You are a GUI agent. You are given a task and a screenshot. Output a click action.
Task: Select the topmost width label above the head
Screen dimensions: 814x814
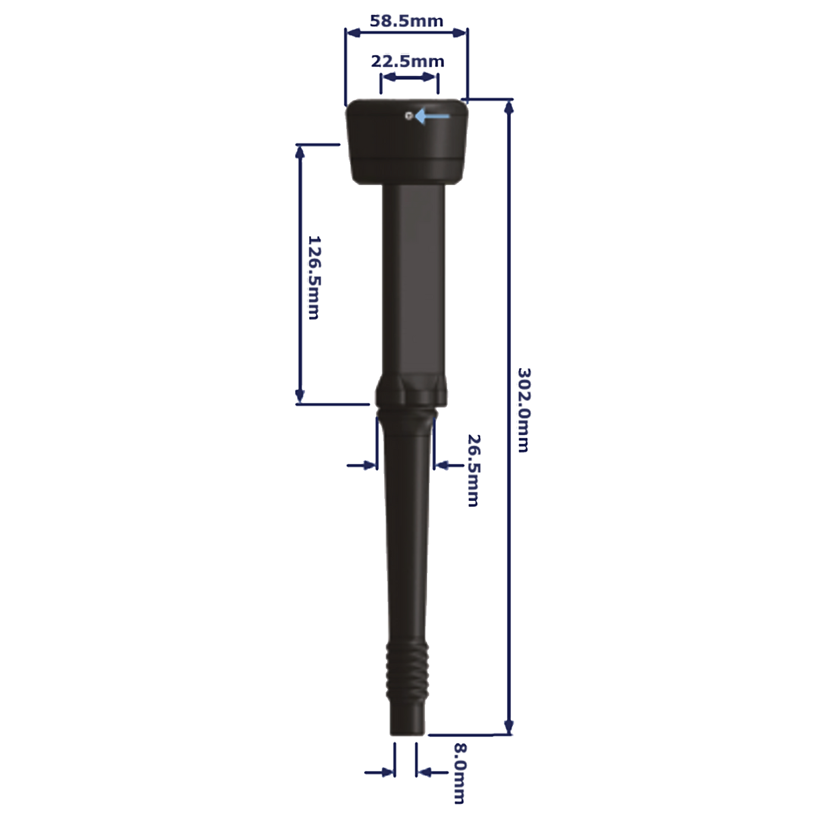coord(407,21)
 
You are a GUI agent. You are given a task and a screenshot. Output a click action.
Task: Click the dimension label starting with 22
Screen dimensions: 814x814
coord(407,62)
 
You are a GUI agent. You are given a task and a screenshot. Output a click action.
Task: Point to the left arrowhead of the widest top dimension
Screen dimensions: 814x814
coord(349,31)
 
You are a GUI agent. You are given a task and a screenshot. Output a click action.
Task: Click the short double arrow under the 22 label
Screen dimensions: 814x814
coord(410,80)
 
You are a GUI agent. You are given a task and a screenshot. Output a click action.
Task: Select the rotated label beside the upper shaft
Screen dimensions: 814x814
coord(314,277)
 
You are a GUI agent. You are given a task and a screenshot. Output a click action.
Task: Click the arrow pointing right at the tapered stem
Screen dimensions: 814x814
coord(362,464)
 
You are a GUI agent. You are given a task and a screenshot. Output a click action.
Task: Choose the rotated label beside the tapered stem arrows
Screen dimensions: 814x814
coord(473,469)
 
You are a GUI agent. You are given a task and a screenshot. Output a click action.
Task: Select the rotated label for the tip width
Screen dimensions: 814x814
coord(459,773)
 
